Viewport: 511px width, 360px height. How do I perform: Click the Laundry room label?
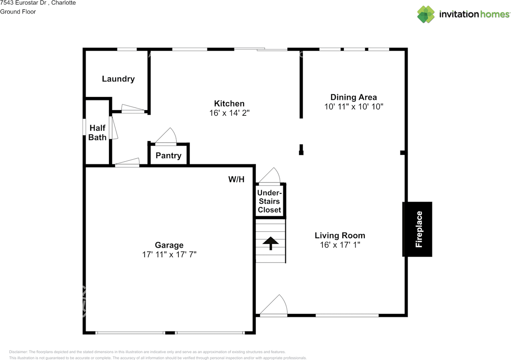click(x=118, y=79)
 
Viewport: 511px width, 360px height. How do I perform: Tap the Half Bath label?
click(x=97, y=133)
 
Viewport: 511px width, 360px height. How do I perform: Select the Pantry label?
click(x=168, y=156)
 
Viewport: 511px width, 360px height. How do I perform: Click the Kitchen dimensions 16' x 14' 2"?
click(x=230, y=113)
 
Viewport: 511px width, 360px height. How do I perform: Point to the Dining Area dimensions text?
click(x=354, y=107)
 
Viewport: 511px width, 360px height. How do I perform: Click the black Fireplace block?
click(x=417, y=229)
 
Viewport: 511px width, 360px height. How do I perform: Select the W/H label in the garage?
click(x=236, y=179)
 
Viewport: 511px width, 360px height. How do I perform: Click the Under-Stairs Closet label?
click(x=269, y=201)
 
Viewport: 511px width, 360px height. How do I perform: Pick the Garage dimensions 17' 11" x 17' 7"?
click(x=169, y=254)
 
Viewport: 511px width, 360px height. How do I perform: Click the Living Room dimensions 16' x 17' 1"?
click(x=340, y=245)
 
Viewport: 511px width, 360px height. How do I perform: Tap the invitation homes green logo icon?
click(x=426, y=14)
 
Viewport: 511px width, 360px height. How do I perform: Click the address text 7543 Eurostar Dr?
click(x=24, y=3)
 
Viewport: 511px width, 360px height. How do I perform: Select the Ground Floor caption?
click(x=18, y=12)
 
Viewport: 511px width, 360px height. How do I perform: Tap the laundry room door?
click(x=133, y=109)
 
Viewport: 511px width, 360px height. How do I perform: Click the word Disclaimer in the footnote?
click(x=18, y=352)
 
